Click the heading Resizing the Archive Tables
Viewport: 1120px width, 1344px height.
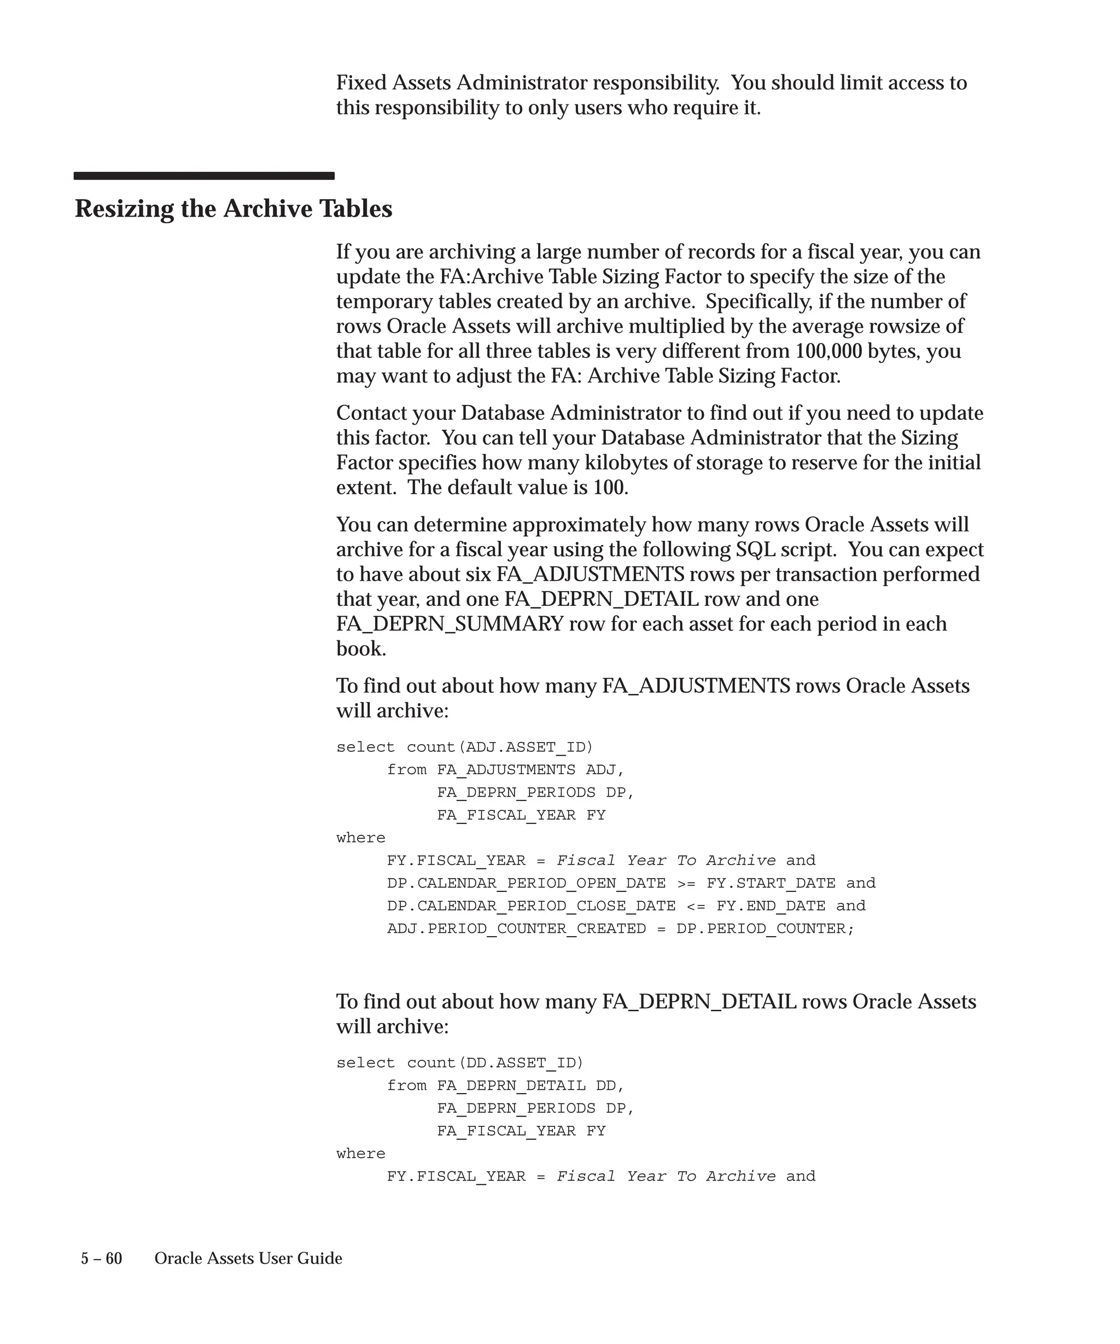coord(234,209)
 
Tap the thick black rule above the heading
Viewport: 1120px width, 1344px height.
coord(203,176)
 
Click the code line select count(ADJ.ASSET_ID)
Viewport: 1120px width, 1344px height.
coord(465,747)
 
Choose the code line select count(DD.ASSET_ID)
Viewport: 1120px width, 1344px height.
coord(460,1062)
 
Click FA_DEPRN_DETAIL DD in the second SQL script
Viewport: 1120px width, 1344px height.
coord(530,1085)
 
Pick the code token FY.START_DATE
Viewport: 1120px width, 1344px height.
coord(771,883)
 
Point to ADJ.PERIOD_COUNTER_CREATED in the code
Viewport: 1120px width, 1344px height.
coord(516,928)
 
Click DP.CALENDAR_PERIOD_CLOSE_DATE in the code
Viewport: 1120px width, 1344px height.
coord(531,905)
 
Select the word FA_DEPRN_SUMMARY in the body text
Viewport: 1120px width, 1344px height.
coord(450,624)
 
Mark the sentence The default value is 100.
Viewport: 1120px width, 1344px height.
coord(518,488)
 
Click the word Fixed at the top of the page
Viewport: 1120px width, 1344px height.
coord(361,83)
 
